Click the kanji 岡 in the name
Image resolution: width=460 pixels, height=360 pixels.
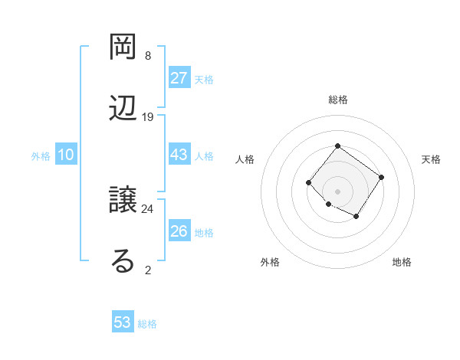pyautogui.click(x=124, y=47)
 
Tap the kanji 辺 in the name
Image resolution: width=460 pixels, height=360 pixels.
pyautogui.click(x=124, y=108)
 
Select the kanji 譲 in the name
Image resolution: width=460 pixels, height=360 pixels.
pyautogui.click(x=124, y=201)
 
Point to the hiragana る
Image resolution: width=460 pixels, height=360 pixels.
pyautogui.click(x=123, y=260)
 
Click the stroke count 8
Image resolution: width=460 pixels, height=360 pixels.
pyautogui.click(x=147, y=56)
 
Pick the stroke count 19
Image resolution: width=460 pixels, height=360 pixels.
pyautogui.click(x=148, y=117)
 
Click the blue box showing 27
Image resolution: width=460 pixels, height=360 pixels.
pyautogui.click(x=179, y=78)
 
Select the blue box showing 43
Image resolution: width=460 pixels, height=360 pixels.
pyautogui.click(x=179, y=155)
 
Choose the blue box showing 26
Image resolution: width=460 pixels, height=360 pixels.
pyautogui.click(x=179, y=231)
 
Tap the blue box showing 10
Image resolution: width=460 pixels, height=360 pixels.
pyautogui.click(x=65, y=155)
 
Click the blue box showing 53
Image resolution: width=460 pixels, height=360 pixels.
pyautogui.click(x=122, y=322)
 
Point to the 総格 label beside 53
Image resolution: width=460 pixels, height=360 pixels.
pyautogui.click(x=147, y=324)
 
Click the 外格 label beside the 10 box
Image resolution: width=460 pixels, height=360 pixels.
pyautogui.click(x=41, y=156)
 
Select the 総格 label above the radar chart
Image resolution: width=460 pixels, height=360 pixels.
pyautogui.click(x=337, y=100)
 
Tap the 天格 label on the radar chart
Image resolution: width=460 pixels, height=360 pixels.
pyautogui.click(x=432, y=159)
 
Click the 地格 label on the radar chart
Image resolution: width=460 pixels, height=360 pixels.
pyautogui.click(x=402, y=262)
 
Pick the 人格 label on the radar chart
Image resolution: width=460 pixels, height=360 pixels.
pyautogui.click(x=245, y=159)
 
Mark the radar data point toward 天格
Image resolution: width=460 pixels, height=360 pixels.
pyautogui.click(x=382, y=178)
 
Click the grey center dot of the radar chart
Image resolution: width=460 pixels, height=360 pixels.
pyautogui.click(x=337, y=191)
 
